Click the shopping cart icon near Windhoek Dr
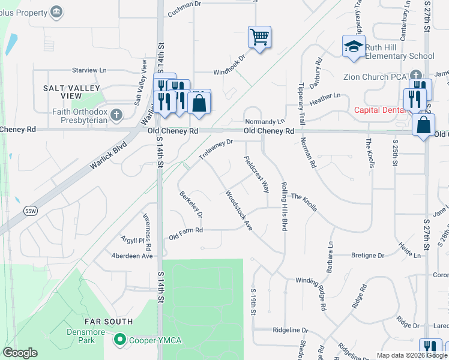tap(259, 37)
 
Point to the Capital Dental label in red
tap(379, 110)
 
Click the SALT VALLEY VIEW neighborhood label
tap(71, 92)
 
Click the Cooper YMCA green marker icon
tap(120, 340)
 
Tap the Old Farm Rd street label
tap(185, 230)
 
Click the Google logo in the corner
tap(20, 353)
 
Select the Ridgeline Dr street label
tap(291, 331)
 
